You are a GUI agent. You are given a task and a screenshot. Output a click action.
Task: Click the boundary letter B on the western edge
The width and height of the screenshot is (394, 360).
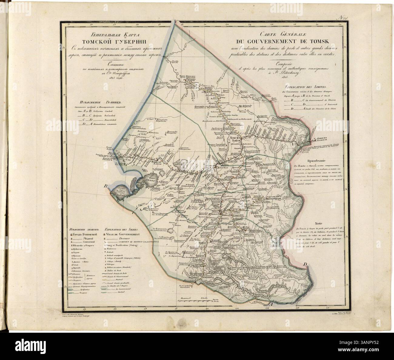[106, 186]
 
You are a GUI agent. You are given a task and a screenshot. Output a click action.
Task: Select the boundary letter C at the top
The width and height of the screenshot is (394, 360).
[176, 22]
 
